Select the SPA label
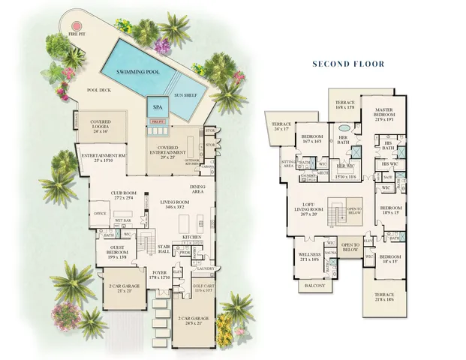coord(157,106)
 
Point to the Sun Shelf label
coord(187,95)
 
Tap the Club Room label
coord(123,194)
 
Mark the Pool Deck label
coord(99,89)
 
